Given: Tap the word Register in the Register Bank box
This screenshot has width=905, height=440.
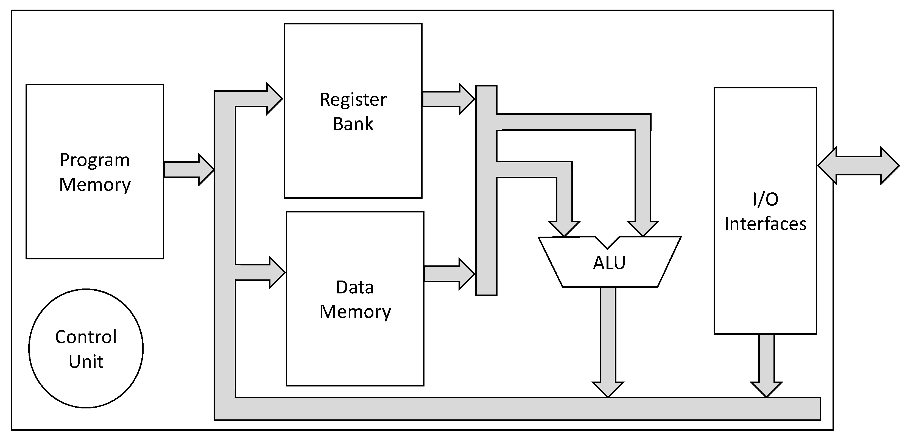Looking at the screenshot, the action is tap(353, 100).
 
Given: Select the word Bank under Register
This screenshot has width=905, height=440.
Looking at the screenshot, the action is tap(353, 124).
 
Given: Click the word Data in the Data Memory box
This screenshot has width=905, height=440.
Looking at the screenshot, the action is tap(354, 287).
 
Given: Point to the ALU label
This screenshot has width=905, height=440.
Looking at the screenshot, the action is tap(609, 263).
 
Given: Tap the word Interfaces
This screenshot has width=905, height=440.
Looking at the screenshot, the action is tap(765, 224).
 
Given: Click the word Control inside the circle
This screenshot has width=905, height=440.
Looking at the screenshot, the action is tap(86, 337).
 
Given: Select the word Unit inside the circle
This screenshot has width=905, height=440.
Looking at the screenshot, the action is tap(86, 361).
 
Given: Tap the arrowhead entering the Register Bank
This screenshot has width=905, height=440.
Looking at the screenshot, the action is tap(274, 99).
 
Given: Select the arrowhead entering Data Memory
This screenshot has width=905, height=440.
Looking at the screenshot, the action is tap(277, 272).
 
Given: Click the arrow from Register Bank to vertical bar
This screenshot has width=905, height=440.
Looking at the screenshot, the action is tap(448, 99).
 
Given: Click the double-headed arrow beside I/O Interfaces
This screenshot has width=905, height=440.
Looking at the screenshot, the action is tap(858, 166).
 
